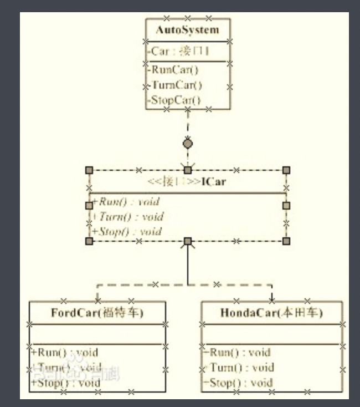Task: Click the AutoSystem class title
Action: pos(187,30)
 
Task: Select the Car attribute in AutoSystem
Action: pos(179,52)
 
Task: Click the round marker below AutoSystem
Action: pos(188,144)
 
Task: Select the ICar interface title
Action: pos(188,182)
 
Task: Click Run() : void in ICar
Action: pos(126,202)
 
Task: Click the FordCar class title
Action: pos(97,313)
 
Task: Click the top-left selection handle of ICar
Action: pos(89,170)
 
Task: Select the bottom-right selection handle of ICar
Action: pos(286,241)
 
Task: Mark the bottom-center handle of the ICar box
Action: pos(188,241)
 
